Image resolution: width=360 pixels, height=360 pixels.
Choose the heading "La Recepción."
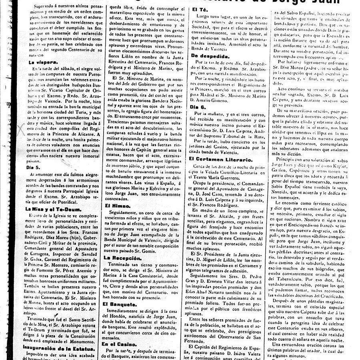[121, 258]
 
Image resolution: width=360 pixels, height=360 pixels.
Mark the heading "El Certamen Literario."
[222, 160]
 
